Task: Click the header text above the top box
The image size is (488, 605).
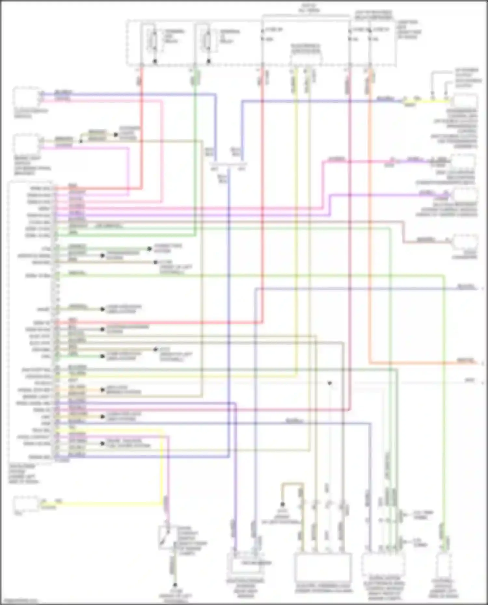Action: [x=309, y=8]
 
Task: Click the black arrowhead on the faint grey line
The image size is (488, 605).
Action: [x=330, y=384]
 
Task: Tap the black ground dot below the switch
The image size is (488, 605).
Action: [x=175, y=585]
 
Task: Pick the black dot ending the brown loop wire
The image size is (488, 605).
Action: [x=282, y=505]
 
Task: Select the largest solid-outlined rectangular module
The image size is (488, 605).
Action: [x=323, y=569]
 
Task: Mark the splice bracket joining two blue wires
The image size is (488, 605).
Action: [x=228, y=165]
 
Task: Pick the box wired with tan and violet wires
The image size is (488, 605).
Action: [x=27, y=144]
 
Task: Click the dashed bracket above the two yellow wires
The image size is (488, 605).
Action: [x=306, y=55]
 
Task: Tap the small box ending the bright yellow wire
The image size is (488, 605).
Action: [x=26, y=505]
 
